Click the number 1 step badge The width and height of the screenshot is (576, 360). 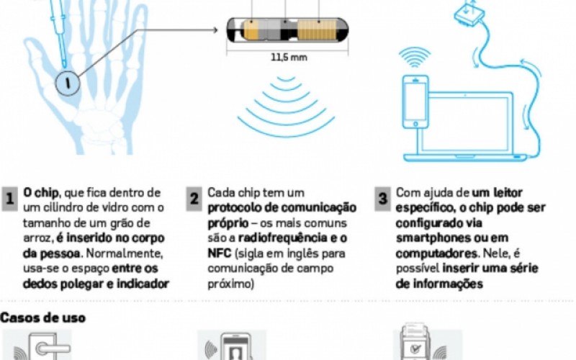[x=9, y=199]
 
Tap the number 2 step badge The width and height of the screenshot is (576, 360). [x=194, y=199]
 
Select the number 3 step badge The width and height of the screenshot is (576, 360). [x=382, y=199]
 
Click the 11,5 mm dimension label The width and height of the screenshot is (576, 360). [x=289, y=58]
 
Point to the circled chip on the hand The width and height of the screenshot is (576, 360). [x=68, y=83]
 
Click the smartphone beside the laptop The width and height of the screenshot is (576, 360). [x=415, y=102]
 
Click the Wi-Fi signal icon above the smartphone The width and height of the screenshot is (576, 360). [x=415, y=58]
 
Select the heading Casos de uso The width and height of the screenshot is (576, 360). [x=42, y=318]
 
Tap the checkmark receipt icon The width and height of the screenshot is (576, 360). [x=415, y=343]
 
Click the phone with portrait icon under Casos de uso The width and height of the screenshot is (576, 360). [x=235, y=347]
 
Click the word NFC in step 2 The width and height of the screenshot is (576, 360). [x=220, y=253]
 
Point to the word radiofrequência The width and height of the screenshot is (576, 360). [x=283, y=238]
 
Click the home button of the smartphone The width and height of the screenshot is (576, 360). [x=415, y=123]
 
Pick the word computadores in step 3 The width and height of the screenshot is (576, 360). [x=436, y=253]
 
